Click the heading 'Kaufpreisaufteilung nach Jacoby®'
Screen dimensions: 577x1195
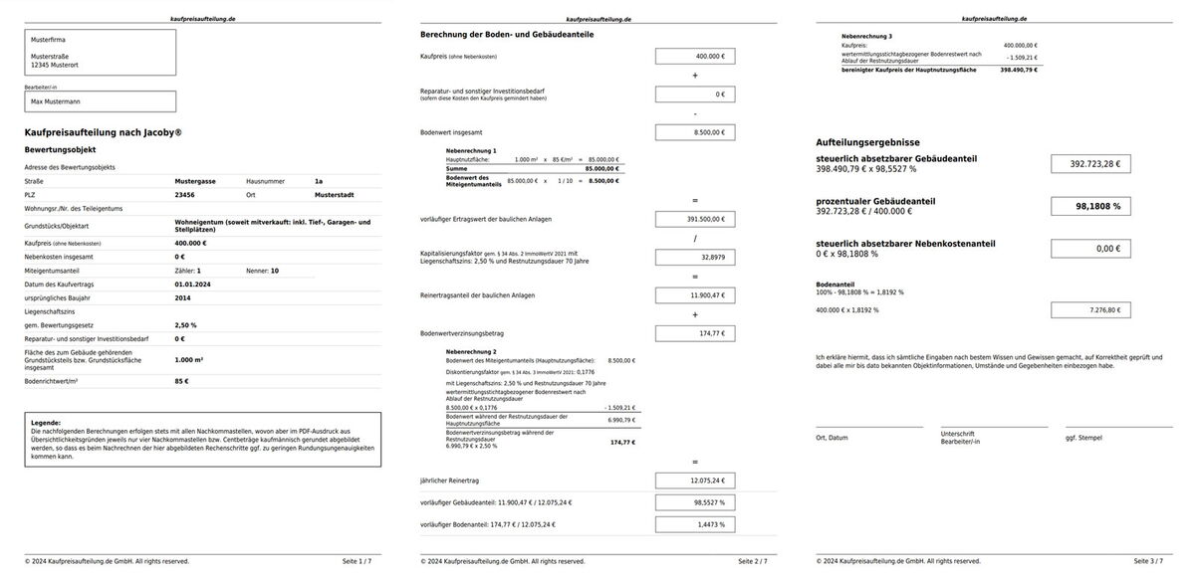coord(103,132)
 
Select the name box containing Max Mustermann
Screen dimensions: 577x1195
coord(100,101)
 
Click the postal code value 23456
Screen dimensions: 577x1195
coord(184,196)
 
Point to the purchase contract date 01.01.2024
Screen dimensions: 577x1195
coord(192,284)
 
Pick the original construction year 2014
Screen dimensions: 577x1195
coord(183,297)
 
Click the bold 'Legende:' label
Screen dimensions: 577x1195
coord(46,423)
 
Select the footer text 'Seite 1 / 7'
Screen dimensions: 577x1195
coord(357,561)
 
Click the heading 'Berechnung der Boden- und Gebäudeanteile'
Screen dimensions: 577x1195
coord(507,34)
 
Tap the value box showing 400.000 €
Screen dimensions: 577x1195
coord(695,57)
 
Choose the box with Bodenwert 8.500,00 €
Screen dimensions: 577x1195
coord(695,131)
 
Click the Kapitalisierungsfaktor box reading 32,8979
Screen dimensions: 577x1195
coord(695,257)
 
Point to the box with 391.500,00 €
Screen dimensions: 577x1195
coord(695,219)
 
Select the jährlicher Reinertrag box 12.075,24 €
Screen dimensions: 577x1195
coord(695,481)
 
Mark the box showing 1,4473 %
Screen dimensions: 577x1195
coord(695,523)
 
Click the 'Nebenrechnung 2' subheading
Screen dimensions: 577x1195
coord(471,352)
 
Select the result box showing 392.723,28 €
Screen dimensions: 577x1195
coord(1090,164)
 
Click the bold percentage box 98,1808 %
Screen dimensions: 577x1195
coord(1090,207)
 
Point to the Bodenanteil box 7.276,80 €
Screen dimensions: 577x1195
coord(1090,310)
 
